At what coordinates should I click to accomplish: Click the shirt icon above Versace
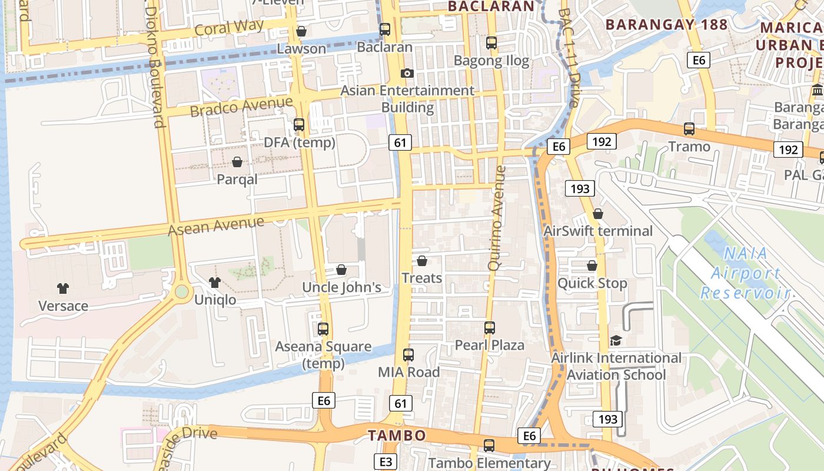click(x=63, y=288)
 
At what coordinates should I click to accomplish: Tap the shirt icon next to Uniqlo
click(x=215, y=283)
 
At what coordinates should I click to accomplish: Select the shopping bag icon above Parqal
click(x=237, y=162)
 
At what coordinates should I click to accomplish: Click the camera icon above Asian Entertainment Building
click(x=407, y=73)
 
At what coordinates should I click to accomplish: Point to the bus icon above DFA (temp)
click(x=299, y=125)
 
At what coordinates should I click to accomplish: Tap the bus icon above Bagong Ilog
click(x=491, y=43)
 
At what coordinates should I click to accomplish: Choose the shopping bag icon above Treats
click(x=422, y=261)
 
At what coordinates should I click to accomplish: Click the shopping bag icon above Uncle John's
click(x=341, y=270)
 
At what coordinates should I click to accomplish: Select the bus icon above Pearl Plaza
click(x=490, y=328)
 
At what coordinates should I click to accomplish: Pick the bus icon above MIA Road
click(x=408, y=355)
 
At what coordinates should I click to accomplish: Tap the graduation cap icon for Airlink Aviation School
click(x=616, y=340)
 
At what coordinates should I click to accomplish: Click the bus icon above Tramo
click(x=689, y=129)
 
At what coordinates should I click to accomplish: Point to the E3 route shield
click(x=386, y=462)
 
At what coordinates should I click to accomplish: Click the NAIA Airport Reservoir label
click(x=745, y=273)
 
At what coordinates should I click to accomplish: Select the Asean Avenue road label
click(x=216, y=225)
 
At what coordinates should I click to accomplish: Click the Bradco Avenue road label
click(x=241, y=107)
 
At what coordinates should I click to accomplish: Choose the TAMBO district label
click(x=397, y=436)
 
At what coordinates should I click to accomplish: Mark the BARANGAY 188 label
click(x=666, y=25)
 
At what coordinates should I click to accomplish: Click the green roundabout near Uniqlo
click(x=181, y=291)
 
